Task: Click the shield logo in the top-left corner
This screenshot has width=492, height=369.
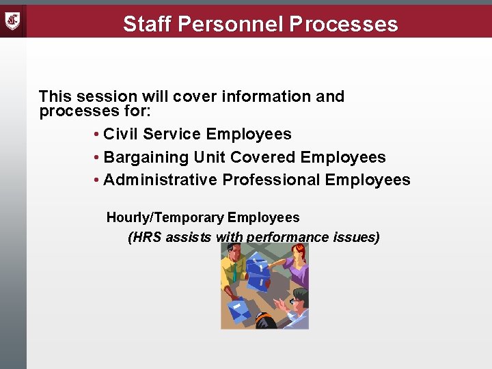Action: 13,20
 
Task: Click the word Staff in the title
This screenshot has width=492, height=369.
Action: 146,24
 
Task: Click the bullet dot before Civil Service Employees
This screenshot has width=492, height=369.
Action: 98,135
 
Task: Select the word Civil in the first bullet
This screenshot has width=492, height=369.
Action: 119,134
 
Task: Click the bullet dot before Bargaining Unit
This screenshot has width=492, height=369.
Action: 98,158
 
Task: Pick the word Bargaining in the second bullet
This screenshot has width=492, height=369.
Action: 146,157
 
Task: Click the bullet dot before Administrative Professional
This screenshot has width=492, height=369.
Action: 98,180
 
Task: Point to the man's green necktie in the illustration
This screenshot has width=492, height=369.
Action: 234,273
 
